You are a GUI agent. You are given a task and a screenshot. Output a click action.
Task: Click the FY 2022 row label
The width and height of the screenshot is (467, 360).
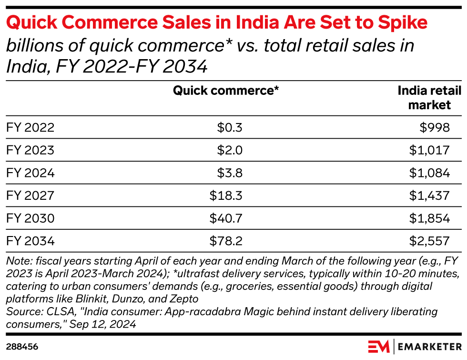tap(30, 128)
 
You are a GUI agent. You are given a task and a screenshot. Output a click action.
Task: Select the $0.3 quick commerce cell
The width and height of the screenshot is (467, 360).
tap(230, 128)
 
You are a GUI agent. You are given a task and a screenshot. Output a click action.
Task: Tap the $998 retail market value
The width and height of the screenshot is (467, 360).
tap(434, 128)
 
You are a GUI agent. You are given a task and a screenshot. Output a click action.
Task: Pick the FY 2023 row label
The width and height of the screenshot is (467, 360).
tap(30, 151)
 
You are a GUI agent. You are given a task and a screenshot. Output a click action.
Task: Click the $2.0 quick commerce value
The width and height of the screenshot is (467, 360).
tap(230, 151)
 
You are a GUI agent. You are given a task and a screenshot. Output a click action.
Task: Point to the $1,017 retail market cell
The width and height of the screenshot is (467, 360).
tap(429, 151)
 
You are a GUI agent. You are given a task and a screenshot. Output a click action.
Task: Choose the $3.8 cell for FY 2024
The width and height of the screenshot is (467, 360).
tap(230, 173)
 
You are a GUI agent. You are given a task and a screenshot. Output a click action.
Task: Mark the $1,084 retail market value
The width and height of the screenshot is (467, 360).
tap(429, 173)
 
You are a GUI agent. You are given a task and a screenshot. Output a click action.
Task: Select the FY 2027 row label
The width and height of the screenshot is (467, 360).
tap(30, 196)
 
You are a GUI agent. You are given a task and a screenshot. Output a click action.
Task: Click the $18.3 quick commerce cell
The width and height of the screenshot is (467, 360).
tap(226, 196)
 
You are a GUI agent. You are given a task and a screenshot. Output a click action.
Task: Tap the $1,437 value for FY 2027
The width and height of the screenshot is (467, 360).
tap(429, 196)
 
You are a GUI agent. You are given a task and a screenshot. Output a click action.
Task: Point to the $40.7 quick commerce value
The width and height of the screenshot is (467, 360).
tap(226, 218)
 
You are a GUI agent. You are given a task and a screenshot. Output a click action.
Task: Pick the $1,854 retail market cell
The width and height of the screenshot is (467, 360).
tap(429, 218)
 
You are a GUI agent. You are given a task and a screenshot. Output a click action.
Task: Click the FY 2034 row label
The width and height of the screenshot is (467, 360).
tap(30, 241)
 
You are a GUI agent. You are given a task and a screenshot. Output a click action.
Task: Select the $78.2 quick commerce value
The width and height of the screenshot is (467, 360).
tap(226, 241)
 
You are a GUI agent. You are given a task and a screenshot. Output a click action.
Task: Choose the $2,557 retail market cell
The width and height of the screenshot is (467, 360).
tap(429, 241)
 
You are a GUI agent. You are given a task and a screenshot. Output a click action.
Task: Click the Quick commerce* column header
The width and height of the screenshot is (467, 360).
tap(226, 91)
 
